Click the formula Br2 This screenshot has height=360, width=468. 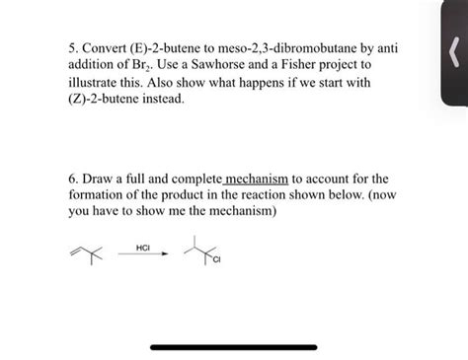click(155, 65)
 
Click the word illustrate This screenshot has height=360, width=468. click(95, 83)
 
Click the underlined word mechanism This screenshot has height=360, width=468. click(258, 180)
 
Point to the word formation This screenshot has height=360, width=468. click(102, 196)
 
